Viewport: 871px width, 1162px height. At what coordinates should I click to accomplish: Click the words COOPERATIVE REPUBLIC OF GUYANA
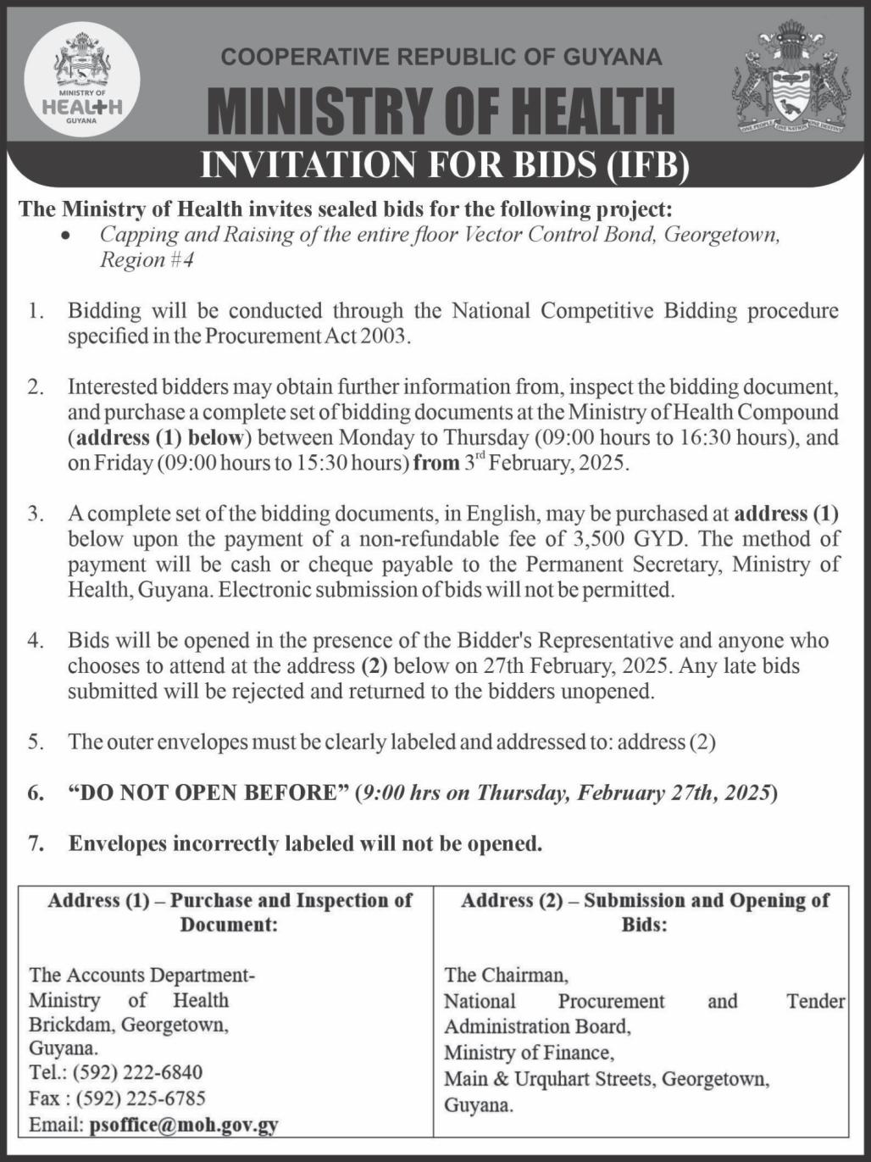tap(441, 57)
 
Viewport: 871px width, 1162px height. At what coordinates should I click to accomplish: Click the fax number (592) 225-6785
tap(141, 1099)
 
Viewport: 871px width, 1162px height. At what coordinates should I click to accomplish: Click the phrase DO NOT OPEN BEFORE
tap(209, 793)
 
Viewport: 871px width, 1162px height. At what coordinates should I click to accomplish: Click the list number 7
tap(36, 844)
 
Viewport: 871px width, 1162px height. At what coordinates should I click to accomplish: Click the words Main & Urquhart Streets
tap(550, 1080)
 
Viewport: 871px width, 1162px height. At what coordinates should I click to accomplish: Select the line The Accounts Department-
tap(142, 975)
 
